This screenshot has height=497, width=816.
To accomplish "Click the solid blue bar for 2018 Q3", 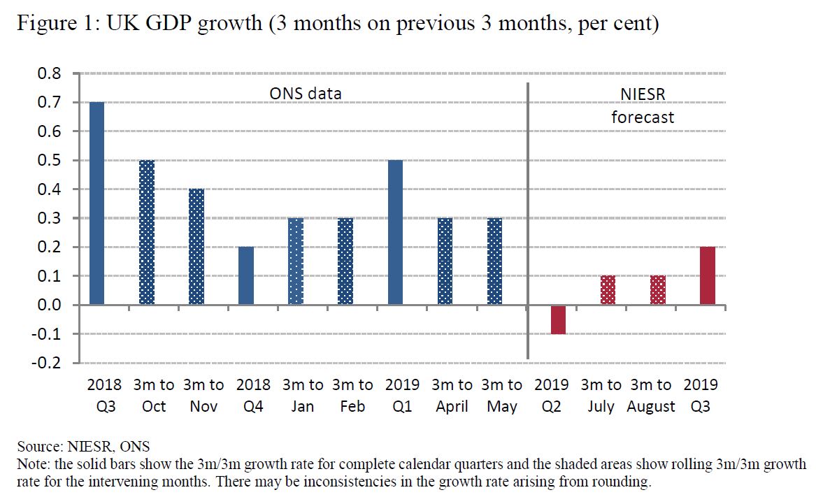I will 96,203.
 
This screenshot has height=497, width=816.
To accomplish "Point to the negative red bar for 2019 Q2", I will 557,319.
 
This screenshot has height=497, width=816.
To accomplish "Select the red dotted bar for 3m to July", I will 607,291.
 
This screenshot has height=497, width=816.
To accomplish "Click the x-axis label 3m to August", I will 651,396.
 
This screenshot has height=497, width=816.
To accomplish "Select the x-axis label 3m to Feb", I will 352,396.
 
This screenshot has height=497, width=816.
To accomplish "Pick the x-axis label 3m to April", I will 452,396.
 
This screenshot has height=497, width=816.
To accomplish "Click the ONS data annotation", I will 306,94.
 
